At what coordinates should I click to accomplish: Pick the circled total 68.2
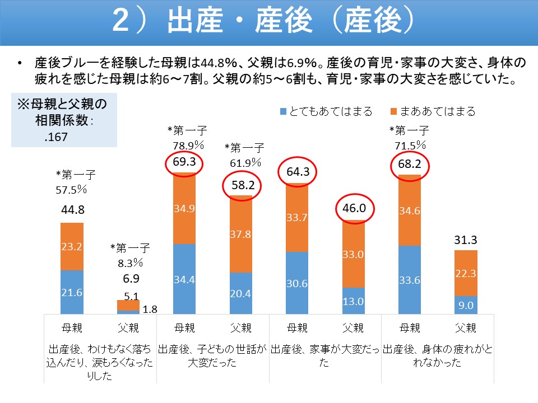(409, 165)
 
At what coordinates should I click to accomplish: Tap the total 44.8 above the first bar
(72, 212)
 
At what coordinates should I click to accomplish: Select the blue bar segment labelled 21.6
(72, 293)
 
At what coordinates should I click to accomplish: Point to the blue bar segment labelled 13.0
(353, 301)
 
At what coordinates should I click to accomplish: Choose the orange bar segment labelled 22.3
(466, 273)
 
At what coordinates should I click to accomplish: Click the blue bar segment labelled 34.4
(184, 279)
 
